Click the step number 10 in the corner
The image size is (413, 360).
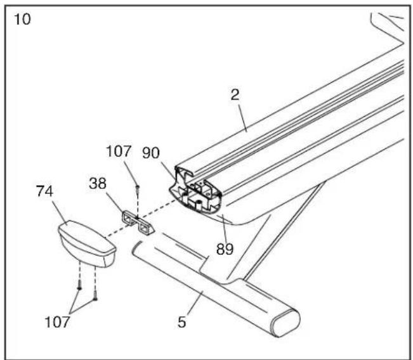click(22, 20)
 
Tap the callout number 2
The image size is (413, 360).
click(235, 94)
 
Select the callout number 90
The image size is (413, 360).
click(151, 153)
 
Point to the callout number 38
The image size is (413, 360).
click(98, 183)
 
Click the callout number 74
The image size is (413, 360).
click(44, 191)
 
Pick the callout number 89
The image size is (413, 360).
click(225, 249)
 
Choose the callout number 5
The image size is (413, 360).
click(181, 322)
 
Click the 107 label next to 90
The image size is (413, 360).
click(119, 151)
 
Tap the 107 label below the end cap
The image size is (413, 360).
click(58, 322)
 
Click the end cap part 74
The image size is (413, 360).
click(87, 243)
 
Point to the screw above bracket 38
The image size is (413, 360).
click(137, 189)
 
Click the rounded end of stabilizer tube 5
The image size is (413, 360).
click(285, 323)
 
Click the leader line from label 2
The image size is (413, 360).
click(242, 118)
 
